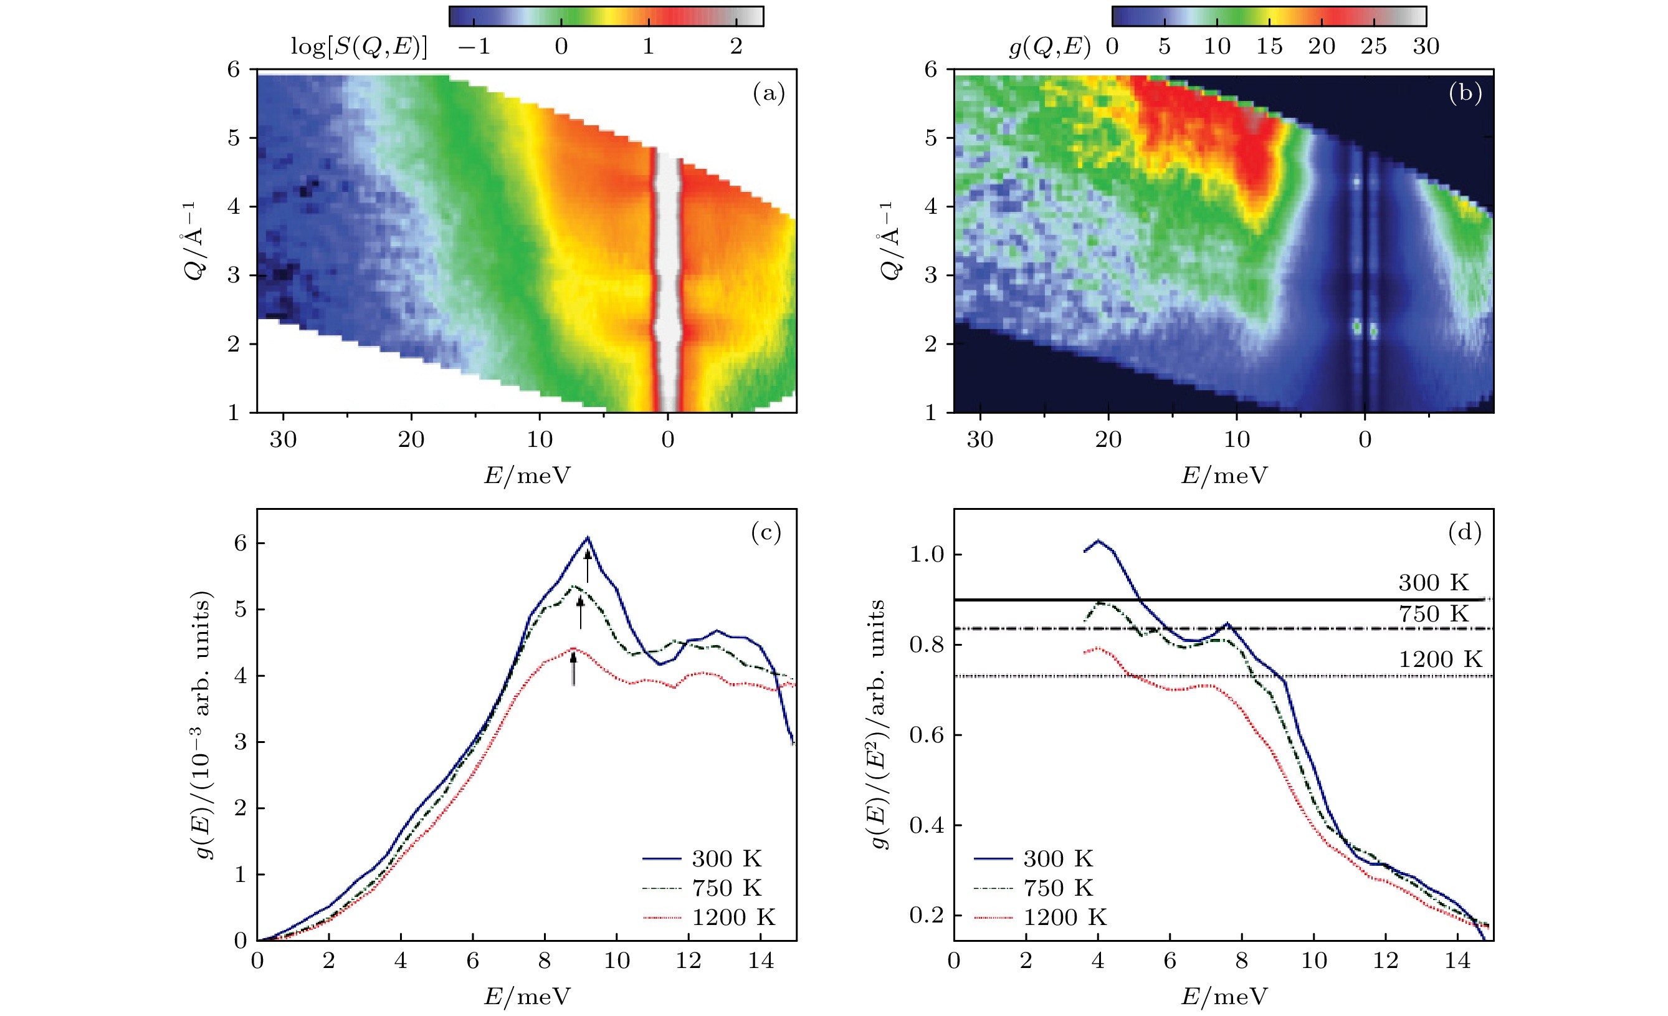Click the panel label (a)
768,93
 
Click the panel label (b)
1465,93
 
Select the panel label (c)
766,532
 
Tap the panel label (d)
1464,532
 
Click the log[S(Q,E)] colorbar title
359,46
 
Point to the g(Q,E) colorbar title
1049,46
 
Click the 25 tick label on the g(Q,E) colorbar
1373,46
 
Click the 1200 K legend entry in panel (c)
733,918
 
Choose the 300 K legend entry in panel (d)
1057,859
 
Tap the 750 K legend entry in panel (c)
727,888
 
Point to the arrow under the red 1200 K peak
573,669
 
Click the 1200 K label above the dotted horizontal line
1440,659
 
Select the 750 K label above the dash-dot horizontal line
1433,614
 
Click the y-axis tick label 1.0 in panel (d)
926,554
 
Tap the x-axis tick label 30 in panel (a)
283,439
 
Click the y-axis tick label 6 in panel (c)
241,544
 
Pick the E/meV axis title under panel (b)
1224,476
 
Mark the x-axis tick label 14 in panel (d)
1457,961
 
